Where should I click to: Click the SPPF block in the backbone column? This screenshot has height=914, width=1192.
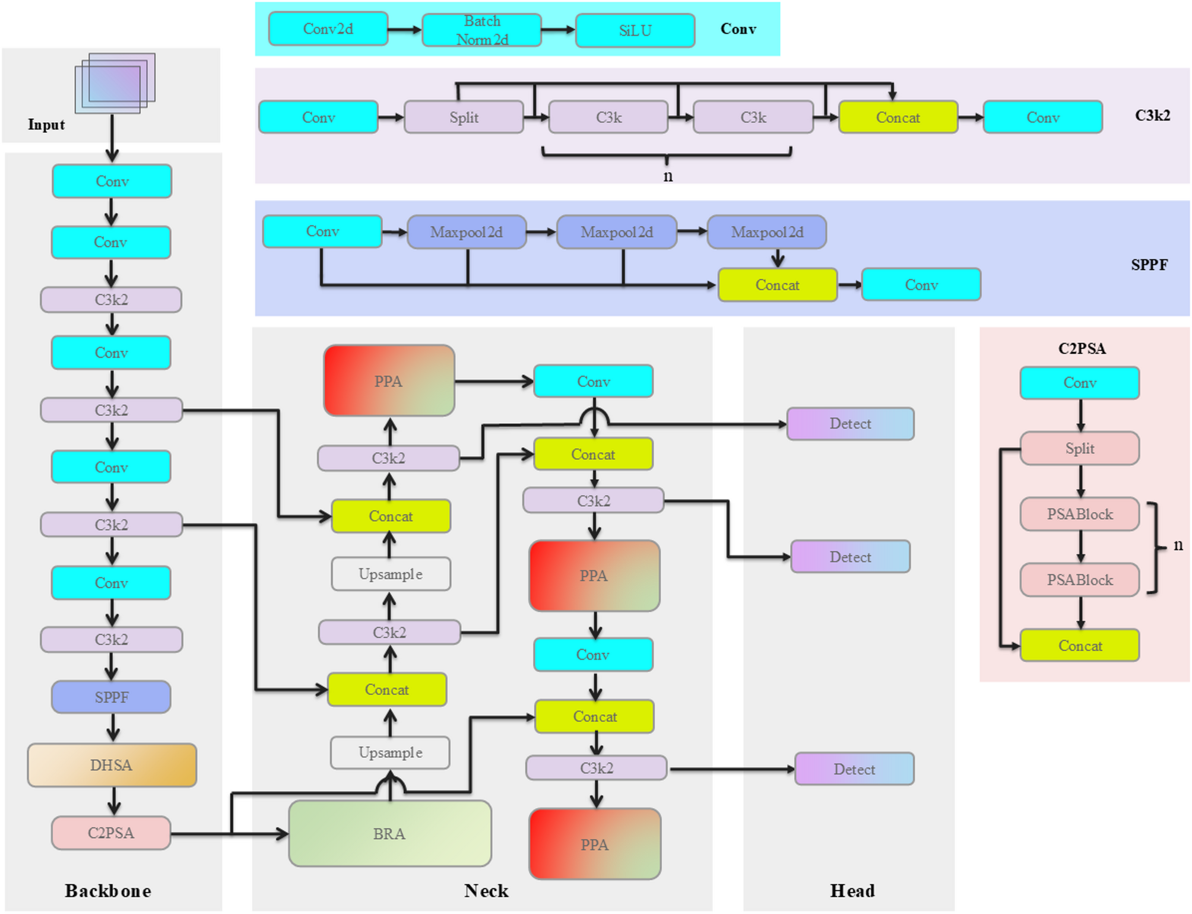pyautogui.click(x=111, y=697)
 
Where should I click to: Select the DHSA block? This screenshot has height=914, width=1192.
pyautogui.click(x=112, y=765)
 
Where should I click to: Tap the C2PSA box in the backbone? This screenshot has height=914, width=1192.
pyautogui.click(x=111, y=833)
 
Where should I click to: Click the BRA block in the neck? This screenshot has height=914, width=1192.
pyautogui.click(x=389, y=833)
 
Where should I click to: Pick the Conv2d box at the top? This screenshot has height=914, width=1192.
pyautogui.click(x=328, y=29)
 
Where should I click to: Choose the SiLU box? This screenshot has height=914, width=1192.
pyautogui.click(x=635, y=30)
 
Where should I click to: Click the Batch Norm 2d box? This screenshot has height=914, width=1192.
pyautogui.click(x=481, y=30)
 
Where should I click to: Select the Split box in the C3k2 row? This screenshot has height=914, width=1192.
pyautogui.click(x=464, y=117)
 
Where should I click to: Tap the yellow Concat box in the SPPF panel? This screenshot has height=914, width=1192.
pyautogui.click(x=777, y=285)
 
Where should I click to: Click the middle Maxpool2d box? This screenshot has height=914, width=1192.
pyautogui.click(x=616, y=232)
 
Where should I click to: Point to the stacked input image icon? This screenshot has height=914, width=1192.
pyautogui.click(x=115, y=83)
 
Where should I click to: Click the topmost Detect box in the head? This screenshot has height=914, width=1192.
pyautogui.click(x=850, y=424)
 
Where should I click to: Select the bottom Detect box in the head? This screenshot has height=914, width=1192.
pyautogui.click(x=854, y=769)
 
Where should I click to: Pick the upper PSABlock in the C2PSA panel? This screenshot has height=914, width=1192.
pyautogui.click(x=1079, y=514)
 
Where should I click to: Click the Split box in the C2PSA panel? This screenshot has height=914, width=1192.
pyautogui.click(x=1079, y=448)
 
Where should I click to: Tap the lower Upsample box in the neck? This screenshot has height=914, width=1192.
pyautogui.click(x=390, y=753)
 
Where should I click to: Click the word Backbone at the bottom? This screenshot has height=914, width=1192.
pyautogui.click(x=108, y=890)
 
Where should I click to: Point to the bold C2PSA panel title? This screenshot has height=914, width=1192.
pyautogui.click(x=1082, y=348)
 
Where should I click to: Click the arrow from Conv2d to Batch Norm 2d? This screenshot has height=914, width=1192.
pyautogui.click(x=404, y=30)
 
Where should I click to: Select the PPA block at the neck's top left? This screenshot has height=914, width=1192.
pyautogui.click(x=389, y=380)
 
